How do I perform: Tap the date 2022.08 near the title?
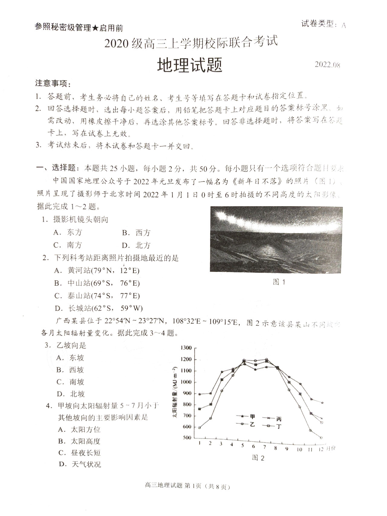tap(327, 65)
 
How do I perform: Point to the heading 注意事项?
tap(53, 83)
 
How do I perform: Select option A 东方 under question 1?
tap(68, 232)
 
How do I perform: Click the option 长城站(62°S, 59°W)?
tap(99, 308)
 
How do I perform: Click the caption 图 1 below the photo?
tap(279, 282)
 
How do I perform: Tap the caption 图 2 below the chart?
tap(258, 458)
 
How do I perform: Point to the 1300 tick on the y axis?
tap(186, 348)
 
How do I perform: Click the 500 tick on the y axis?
tap(187, 438)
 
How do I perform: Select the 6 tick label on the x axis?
tap(253, 447)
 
